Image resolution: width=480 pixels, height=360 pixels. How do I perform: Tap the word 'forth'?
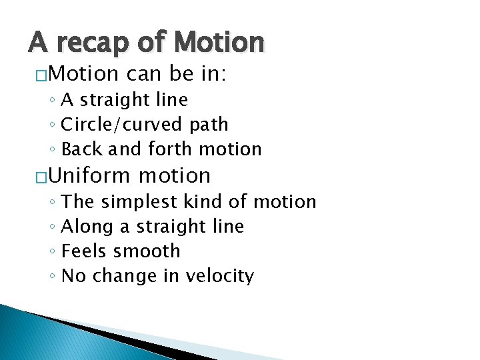tap(151, 149)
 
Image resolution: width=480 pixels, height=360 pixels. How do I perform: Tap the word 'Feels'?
tap(84, 251)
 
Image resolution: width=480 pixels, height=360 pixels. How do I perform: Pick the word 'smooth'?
tap(147, 251)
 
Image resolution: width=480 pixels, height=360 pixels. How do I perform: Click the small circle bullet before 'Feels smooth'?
tap(52, 252)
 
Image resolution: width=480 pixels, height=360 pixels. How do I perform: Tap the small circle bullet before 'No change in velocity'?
tap(52, 277)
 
